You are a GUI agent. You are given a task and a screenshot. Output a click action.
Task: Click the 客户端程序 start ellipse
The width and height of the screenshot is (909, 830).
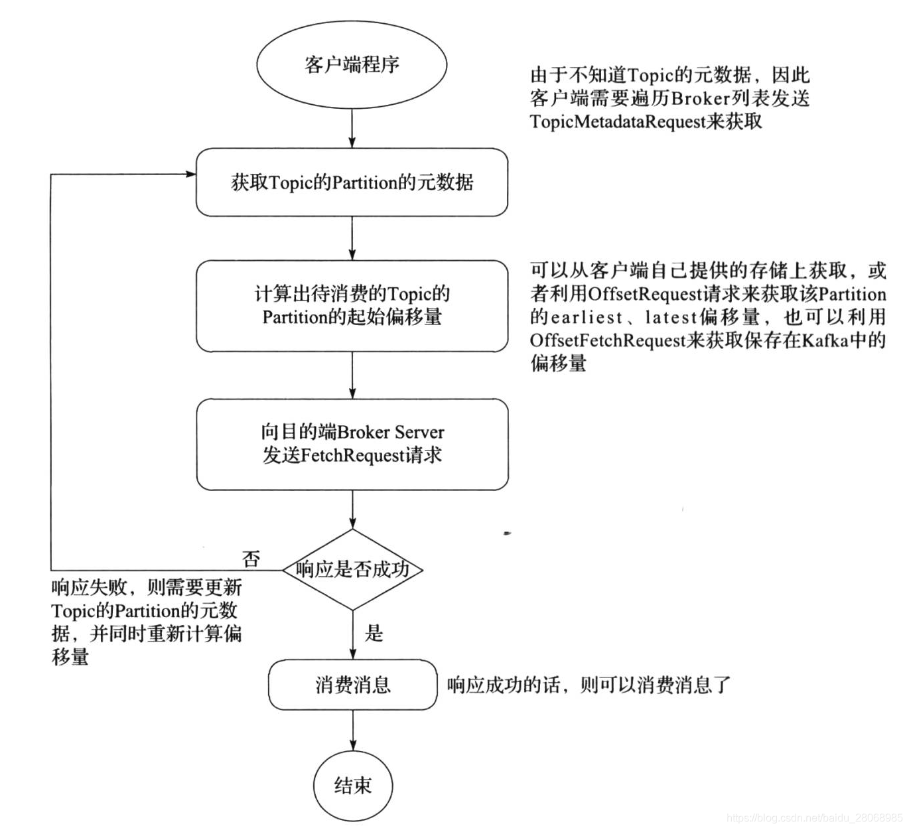point(352,64)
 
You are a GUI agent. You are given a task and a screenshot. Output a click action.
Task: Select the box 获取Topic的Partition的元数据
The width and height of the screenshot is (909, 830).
point(352,182)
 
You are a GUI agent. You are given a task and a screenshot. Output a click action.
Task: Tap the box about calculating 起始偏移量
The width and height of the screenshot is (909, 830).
point(352,305)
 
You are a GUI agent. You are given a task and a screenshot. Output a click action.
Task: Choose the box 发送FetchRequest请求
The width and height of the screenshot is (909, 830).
point(352,444)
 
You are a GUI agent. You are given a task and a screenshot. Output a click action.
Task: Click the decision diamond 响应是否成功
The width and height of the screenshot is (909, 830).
point(352,569)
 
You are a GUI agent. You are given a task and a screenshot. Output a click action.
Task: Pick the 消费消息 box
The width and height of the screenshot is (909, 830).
point(352,685)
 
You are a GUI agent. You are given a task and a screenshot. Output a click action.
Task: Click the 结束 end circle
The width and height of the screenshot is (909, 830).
point(352,786)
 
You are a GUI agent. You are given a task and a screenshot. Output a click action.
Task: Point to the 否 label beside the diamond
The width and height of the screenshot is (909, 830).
point(251,559)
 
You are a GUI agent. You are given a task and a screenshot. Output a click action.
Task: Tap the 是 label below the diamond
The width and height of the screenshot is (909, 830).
point(374,633)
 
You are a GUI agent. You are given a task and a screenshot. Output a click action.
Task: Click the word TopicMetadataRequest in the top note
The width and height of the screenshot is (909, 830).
point(617,122)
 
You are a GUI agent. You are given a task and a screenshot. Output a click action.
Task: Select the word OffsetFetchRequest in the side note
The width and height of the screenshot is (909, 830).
point(607,340)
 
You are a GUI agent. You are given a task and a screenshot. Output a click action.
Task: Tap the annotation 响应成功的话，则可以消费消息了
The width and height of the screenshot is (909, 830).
point(589,685)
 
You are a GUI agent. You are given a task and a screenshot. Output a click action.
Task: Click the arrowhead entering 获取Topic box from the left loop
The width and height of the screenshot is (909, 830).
point(191,174)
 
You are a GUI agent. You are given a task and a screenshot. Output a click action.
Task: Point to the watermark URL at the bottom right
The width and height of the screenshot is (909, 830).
point(814,818)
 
